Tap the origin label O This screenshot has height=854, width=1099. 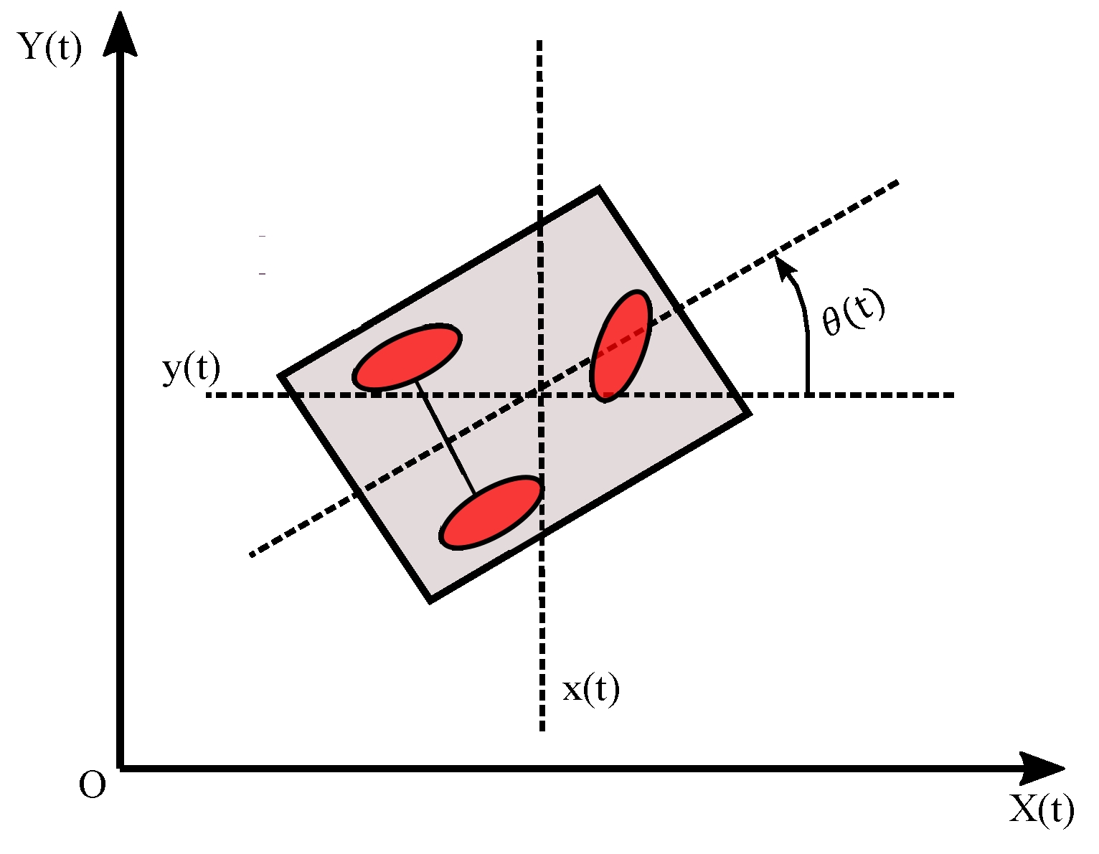click(x=92, y=785)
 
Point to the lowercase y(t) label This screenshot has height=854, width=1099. click(x=191, y=369)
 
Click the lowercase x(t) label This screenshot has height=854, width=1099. click(x=590, y=689)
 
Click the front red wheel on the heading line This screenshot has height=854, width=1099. click(x=621, y=346)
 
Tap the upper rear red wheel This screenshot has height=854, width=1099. click(x=407, y=357)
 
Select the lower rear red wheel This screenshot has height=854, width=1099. click(x=491, y=513)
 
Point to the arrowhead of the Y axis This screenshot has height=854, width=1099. click(x=121, y=32)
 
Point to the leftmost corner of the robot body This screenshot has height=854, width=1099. click(x=281, y=376)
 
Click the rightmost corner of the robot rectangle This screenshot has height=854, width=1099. click(x=747, y=414)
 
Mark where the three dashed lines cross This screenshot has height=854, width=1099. click(x=539, y=394)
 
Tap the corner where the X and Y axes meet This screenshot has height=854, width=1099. click(x=121, y=768)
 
